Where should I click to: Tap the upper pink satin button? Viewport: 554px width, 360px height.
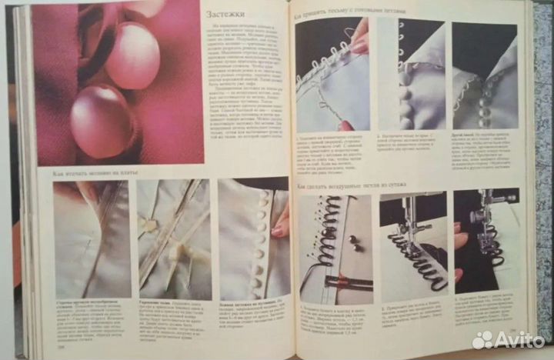(132, 55)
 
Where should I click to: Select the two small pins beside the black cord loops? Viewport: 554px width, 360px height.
(355, 243)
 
